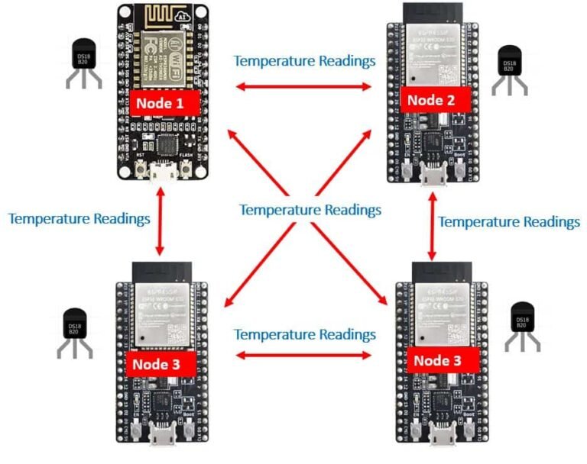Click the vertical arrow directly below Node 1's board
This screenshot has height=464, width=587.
160,223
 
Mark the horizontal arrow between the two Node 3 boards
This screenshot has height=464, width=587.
303,355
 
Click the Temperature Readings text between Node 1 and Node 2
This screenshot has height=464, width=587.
304,60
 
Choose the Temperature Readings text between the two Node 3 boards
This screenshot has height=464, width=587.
304,334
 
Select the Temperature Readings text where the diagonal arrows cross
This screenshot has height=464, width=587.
310,209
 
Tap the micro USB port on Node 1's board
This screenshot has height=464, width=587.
161,172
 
